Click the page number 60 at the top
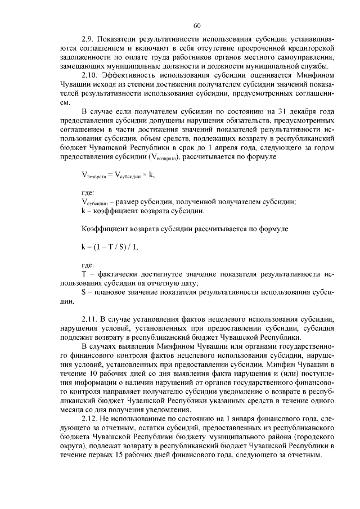[x=197, y=25]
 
